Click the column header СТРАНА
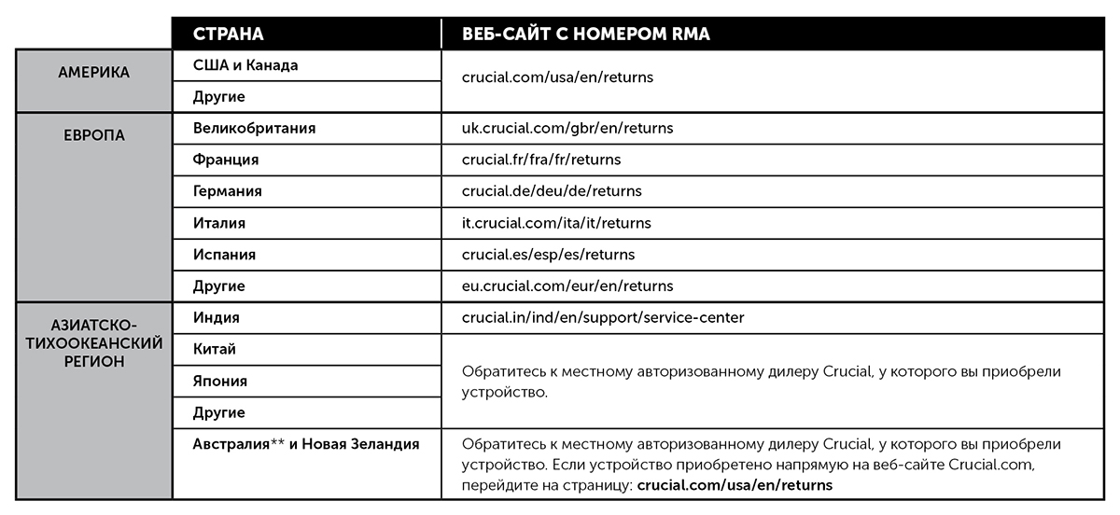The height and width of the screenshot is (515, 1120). click(x=229, y=35)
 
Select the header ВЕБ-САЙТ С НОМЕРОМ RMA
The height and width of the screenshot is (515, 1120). click(x=586, y=35)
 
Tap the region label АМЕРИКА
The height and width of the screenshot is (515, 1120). click(x=93, y=72)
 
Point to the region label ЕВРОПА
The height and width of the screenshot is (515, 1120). click(x=93, y=135)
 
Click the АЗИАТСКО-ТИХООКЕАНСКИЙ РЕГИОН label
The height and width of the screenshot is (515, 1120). click(x=93, y=343)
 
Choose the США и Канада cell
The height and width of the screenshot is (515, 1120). click(x=245, y=65)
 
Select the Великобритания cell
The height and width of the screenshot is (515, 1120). click(x=254, y=129)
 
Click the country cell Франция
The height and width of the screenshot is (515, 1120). click(x=226, y=160)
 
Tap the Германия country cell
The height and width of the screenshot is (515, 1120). click(x=228, y=191)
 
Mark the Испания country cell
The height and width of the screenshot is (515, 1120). click(x=224, y=255)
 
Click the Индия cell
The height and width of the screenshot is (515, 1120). click(x=217, y=317)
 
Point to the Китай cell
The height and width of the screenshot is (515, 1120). click(x=215, y=349)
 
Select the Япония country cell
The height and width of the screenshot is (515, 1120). click(x=220, y=381)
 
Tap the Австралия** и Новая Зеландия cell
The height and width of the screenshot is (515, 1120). click(x=306, y=444)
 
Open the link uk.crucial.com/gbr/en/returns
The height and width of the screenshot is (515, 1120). click(x=567, y=128)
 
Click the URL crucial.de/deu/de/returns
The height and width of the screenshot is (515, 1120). click(x=552, y=191)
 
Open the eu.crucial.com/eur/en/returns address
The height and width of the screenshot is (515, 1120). click(x=567, y=286)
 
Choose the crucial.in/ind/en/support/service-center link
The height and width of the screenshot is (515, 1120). click(x=603, y=318)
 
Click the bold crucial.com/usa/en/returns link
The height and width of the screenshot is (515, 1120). click(x=735, y=485)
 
